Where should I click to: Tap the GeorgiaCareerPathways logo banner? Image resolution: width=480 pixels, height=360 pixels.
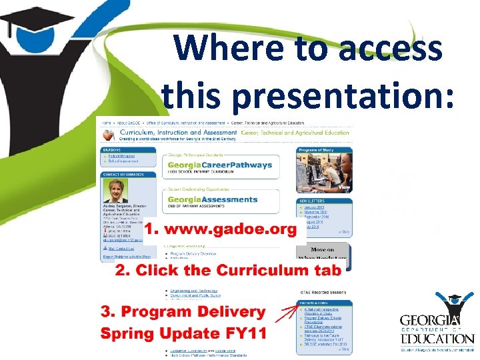coord(220,165)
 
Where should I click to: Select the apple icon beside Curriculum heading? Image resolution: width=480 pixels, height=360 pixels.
coord(107,135)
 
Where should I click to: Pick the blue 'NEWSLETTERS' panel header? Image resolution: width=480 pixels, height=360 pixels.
coord(325,201)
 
